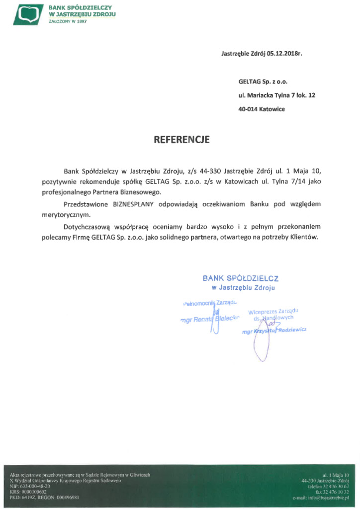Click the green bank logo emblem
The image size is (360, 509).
tap(28, 14)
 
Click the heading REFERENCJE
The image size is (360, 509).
tap(182, 140)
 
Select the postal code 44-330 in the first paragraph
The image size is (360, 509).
tap(209, 171)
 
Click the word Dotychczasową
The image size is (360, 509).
tap(87, 227)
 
